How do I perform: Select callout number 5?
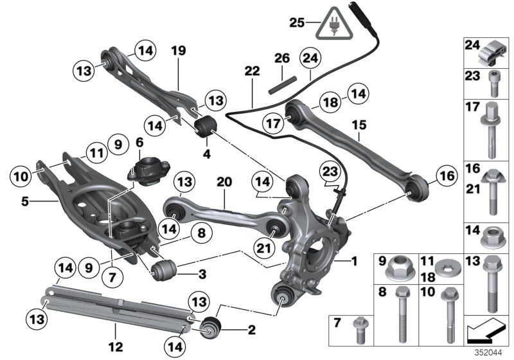tap(25, 202)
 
